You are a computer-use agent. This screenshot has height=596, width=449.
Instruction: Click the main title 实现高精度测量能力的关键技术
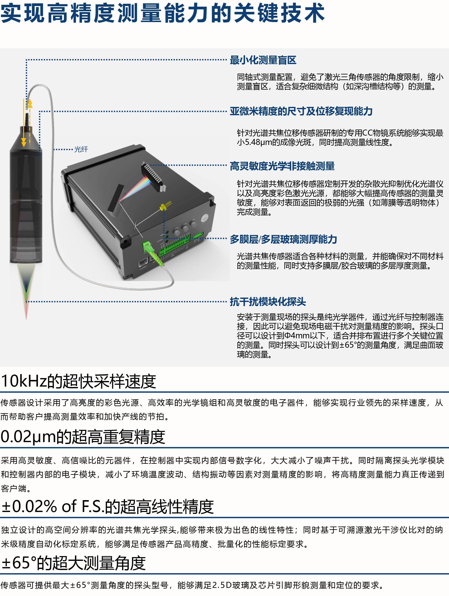pos(163,13)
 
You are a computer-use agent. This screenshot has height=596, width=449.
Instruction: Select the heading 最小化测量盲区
pos(263,60)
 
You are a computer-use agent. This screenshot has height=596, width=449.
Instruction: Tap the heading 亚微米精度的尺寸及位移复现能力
pos(301,111)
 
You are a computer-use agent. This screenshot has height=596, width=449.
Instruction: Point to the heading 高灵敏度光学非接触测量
pos(282,166)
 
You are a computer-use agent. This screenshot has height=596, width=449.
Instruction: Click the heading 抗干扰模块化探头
pos(268,302)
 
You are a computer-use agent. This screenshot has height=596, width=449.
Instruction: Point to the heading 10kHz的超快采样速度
pos(78,381)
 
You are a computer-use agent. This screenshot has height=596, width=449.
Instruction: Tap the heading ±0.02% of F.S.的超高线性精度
pos(107,507)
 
